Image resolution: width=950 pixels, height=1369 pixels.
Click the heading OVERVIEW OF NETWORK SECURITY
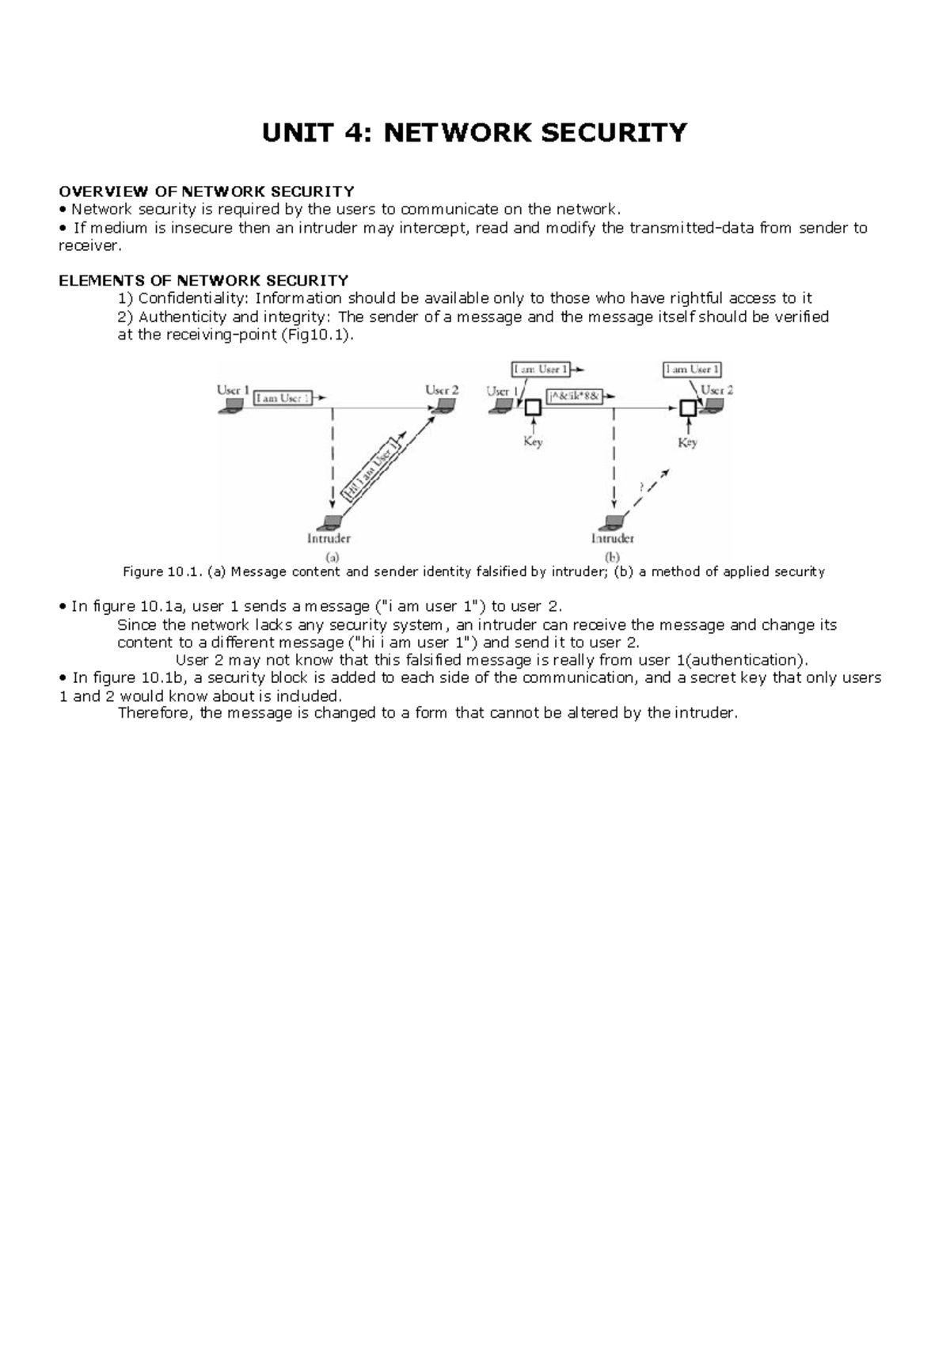click(x=206, y=192)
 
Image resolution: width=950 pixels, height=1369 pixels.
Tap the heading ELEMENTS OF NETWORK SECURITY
click(x=203, y=280)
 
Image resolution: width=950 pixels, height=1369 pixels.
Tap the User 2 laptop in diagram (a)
click(x=443, y=406)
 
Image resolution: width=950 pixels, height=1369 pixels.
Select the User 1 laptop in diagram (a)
click(x=233, y=406)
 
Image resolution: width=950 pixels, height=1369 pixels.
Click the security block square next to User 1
click(x=533, y=408)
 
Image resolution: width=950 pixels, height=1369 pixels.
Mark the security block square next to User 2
click(x=688, y=408)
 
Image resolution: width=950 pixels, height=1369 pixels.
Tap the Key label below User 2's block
click(x=687, y=442)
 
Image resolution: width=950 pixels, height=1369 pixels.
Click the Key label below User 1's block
click(x=533, y=442)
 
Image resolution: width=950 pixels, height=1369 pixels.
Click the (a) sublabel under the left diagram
click(x=333, y=556)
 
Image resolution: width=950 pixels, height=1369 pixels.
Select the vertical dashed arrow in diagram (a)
click(x=332, y=459)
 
